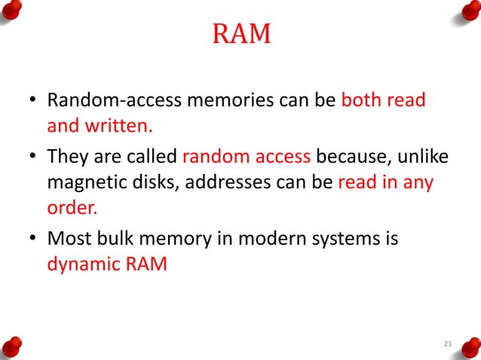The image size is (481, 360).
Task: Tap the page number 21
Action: coord(448,344)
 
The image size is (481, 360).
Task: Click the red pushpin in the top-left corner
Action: coord(12,10)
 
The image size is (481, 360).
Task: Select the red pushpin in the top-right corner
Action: coord(468,10)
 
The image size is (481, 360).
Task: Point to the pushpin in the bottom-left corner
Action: coord(12,348)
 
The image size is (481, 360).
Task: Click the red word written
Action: coord(112,126)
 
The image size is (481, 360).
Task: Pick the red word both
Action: coord(360,100)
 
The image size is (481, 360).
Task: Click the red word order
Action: coord(68,208)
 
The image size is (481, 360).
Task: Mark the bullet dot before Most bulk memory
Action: coord(32,240)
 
